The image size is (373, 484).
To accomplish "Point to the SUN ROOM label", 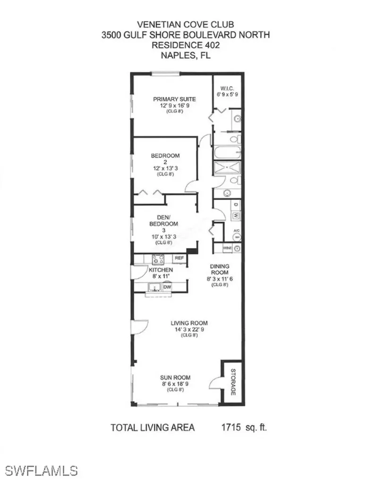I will coord(175,377).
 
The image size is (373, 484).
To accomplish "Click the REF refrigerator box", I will coord(179,258).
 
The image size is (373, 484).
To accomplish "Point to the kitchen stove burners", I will coord(157,259).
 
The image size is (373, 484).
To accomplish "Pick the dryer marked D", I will coord(236,204).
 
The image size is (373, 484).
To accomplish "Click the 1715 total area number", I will coord(231,428).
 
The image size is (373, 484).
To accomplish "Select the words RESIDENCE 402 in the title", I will coord(186,46).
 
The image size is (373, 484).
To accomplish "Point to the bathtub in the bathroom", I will coord(227,154).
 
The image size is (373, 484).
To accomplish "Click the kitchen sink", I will coord(154,287).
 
